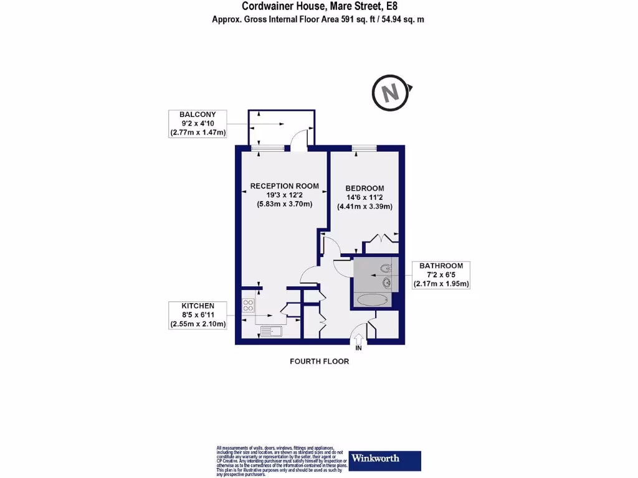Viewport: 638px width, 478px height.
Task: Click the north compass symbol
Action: click(x=391, y=93)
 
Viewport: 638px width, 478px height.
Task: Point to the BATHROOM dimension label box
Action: click(x=441, y=274)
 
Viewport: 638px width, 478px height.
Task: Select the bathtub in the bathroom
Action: click(x=372, y=300)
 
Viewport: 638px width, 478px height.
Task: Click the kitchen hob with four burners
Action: click(x=248, y=306)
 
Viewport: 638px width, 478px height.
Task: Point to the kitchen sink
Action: click(x=271, y=330)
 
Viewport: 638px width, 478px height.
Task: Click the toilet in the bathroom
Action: click(x=386, y=269)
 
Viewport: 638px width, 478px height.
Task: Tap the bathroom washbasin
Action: click(x=387, y=283)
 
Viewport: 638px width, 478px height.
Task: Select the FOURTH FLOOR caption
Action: click(x=320, y=361)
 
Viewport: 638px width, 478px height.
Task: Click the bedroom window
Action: click(x=364, y=148)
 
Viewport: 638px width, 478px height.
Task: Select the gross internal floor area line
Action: click(x=318, y=19)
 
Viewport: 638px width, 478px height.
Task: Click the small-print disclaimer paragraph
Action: click(x=279, y=461)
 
